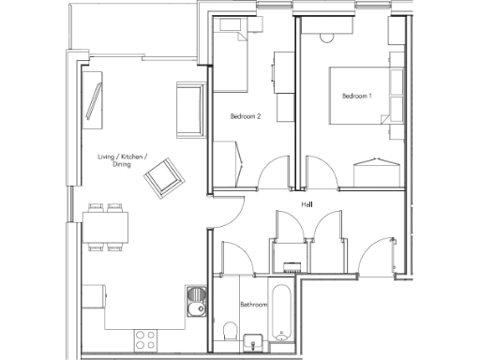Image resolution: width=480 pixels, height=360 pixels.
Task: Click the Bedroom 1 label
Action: pyautogui.click(x=357, y=96)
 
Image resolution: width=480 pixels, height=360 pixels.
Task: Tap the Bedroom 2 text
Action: pyautogui.click(x=245, y=116)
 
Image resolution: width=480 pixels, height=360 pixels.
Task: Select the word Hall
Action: pyautogui.click(x=307, y=203)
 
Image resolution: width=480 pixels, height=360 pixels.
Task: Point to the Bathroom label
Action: pyautogui.click(x=254, y=305)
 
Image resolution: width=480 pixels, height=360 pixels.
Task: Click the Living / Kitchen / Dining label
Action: pyautogui.click(x=122, y=160)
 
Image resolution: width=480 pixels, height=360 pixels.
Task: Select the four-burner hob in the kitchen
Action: pyautogui.click(x=148, y=337)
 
